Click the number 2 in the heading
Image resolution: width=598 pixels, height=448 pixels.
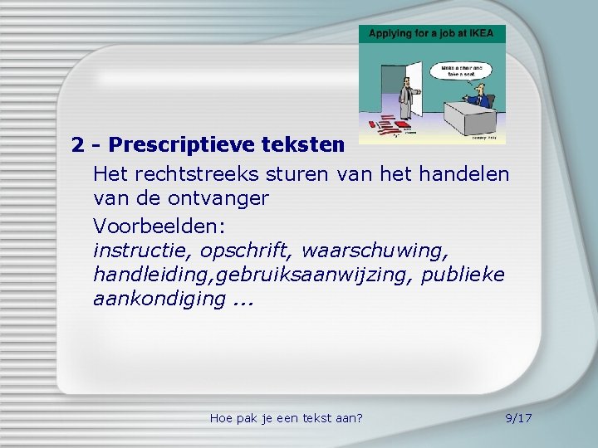point(78,145)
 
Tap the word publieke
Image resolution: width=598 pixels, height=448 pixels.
point(463,275)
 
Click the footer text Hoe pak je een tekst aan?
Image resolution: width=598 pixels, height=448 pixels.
point(287,417)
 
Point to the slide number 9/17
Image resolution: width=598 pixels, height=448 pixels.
point(518,417)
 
